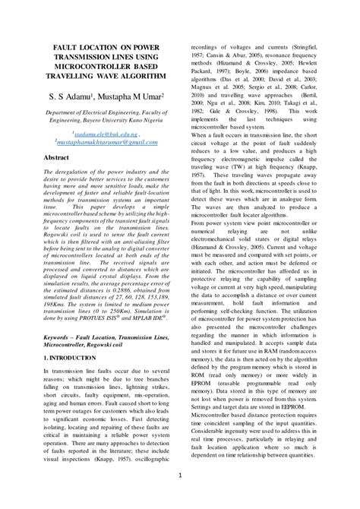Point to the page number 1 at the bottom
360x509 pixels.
pos(180,476)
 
